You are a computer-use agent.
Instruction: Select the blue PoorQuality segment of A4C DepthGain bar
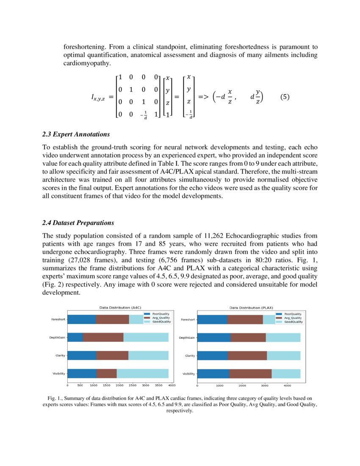coord(75,337)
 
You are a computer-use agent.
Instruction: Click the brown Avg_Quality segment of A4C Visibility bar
coord(106,373)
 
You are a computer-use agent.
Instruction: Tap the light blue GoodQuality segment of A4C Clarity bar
coord(148,355)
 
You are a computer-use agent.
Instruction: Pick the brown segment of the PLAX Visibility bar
coord(250,373)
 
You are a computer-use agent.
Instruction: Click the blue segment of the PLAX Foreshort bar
coord(212,319)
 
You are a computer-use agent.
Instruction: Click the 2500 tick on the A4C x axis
coord(133,385)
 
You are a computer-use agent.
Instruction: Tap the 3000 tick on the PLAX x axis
coord(264,385)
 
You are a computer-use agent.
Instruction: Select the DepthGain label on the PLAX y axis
coord(187,338)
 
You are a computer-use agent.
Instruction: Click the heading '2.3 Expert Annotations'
coord(76,134)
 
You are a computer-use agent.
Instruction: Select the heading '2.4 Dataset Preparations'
coord(78,222)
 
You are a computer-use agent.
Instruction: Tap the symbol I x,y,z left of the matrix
coord(99,97)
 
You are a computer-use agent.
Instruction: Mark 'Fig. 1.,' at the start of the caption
coord(56,399)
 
